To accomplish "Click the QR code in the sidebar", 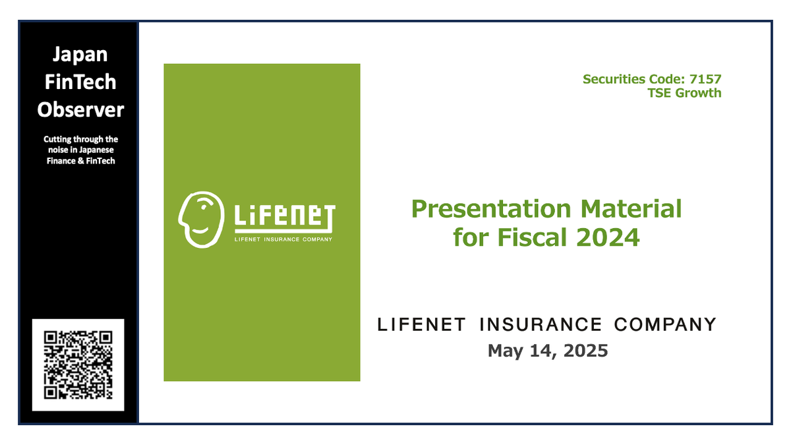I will point(78,365).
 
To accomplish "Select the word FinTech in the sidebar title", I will point(78,82).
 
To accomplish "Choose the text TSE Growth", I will point(685,93).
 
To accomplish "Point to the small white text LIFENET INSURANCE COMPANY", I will point(284,239).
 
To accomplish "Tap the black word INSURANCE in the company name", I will point(540,324).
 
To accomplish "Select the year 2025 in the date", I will point(583,351).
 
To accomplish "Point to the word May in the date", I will point(505,351).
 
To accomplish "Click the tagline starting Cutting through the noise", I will point(80,150).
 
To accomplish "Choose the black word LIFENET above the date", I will point(422,324).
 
